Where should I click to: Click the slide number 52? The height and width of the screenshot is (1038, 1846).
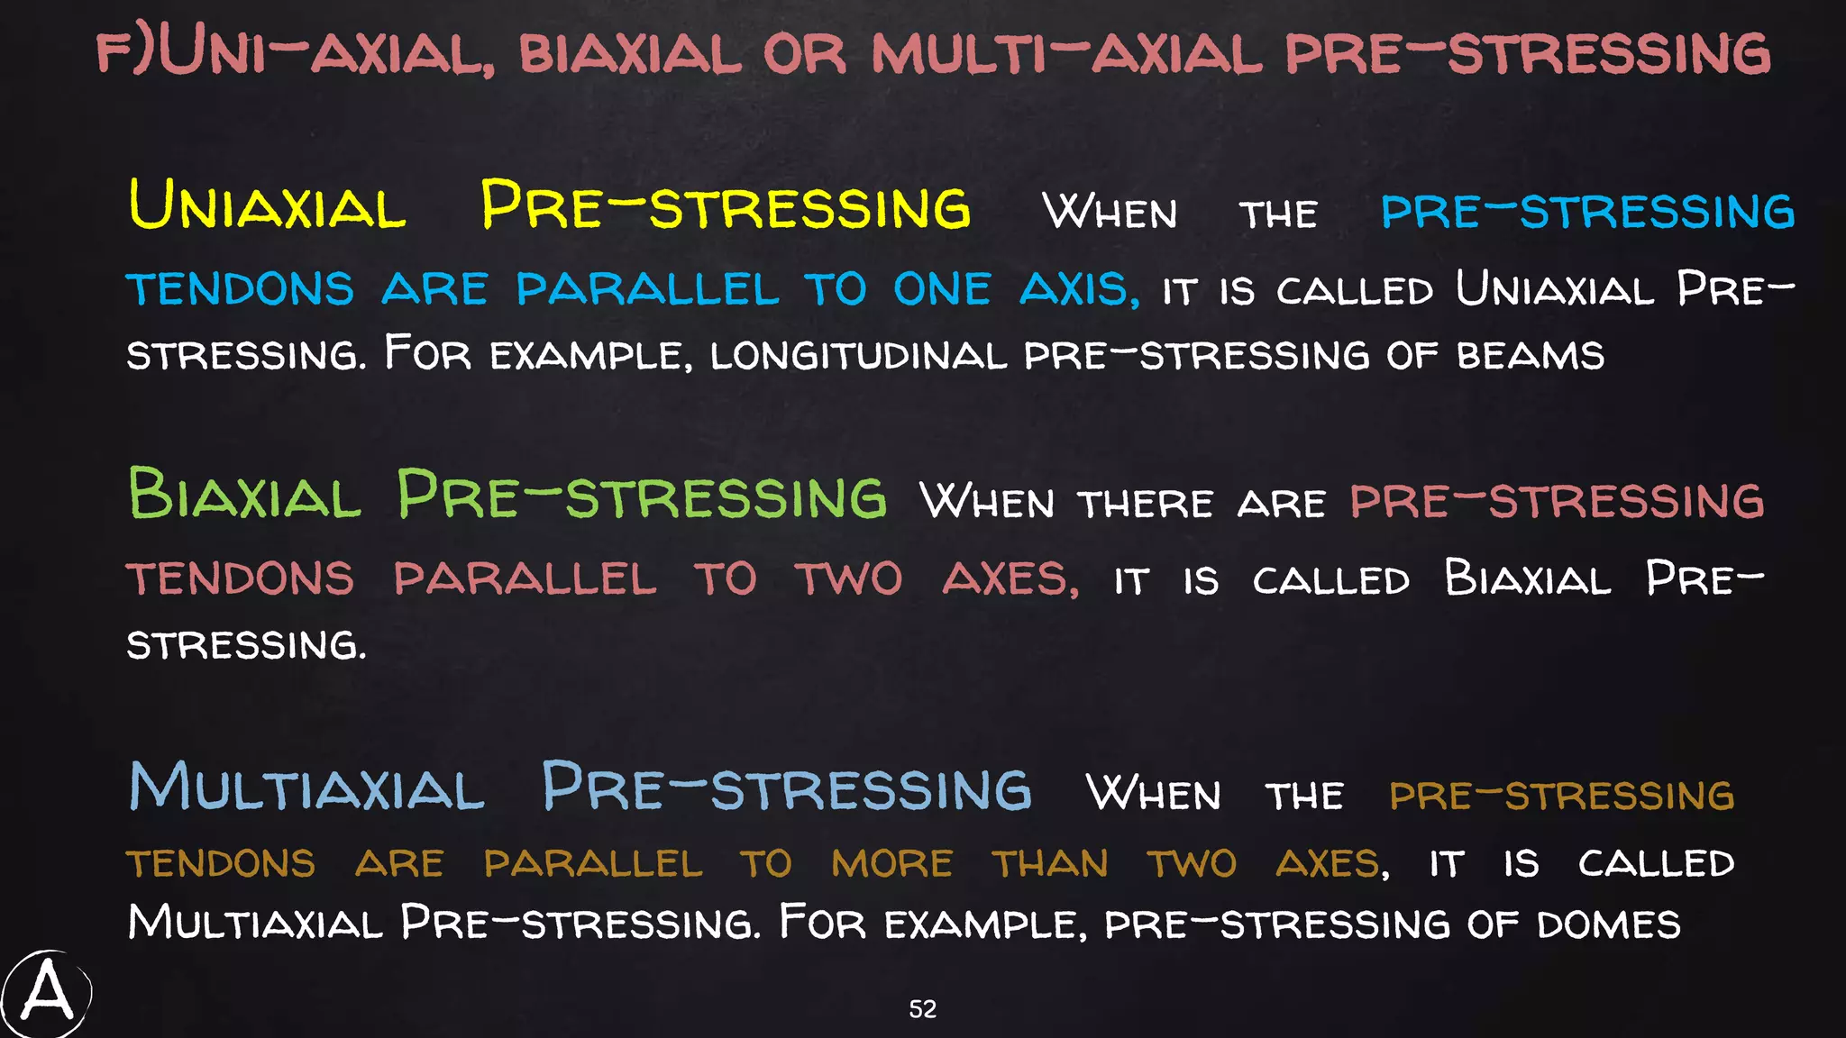pos(922,1009)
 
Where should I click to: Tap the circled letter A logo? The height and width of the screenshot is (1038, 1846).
pos(46,995)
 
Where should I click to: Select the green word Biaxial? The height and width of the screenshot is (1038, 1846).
pos(244,494)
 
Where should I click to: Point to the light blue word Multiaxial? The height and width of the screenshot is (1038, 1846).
pos(306,788)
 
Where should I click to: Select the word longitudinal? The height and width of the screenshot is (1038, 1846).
pos(857,355)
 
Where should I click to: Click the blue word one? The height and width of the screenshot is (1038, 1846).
pos(941,289)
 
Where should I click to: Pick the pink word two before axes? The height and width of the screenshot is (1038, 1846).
pos(848,578)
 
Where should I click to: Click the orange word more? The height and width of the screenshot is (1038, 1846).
pos(891,863)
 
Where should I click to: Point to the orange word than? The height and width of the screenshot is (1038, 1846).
pos(1050,863)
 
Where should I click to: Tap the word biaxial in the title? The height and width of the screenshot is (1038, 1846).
pos(629,53)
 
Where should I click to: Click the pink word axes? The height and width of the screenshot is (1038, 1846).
pos(1010,578)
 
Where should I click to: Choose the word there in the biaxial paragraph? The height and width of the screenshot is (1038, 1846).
pos(1145,503)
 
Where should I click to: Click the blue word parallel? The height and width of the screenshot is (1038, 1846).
pos(646,289)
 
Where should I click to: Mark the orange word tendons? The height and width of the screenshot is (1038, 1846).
pos(221,863)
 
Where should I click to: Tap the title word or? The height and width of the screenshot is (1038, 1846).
pos(804,53)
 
